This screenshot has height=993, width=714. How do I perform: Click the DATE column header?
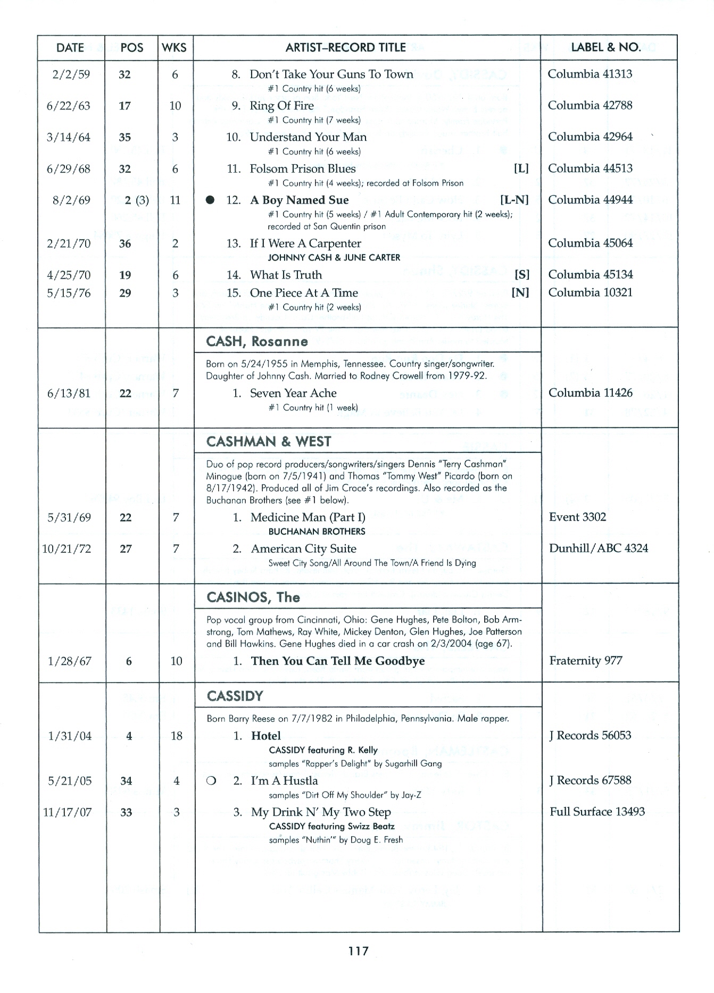tap(70, 48)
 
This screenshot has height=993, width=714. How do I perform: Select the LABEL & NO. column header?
tap(605, 47)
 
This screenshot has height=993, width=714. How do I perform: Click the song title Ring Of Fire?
tap(281, 106)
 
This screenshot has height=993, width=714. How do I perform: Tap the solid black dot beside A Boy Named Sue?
tap(211, 200)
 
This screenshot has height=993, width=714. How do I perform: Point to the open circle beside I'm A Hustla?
tap(211, 781)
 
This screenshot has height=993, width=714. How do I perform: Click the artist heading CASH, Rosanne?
tap(257, 341)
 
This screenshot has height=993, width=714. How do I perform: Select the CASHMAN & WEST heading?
tap(269, 442)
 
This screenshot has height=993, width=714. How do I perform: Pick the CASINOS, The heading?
tap(253, 598)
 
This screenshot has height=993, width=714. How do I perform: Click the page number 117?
tap(358, 951)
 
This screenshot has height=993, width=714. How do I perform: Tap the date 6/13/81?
tap(69, 393)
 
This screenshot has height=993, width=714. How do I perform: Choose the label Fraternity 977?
tap(585, 661)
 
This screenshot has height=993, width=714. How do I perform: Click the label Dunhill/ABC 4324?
tap(598, 549)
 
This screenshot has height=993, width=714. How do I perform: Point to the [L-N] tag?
tap(514, 200)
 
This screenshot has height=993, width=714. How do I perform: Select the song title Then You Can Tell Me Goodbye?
tap(338, 661)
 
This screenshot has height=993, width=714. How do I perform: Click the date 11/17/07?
tap(67, 812)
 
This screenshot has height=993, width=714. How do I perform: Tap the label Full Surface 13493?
tap(597, 812)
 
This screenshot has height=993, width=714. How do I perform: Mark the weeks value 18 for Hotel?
tap(176, 736)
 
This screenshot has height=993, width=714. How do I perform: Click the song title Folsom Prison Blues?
tap(302, 169)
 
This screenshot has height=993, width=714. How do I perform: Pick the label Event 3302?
tap(577, 517)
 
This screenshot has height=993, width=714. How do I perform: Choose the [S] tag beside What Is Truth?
tap(522, 275)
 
